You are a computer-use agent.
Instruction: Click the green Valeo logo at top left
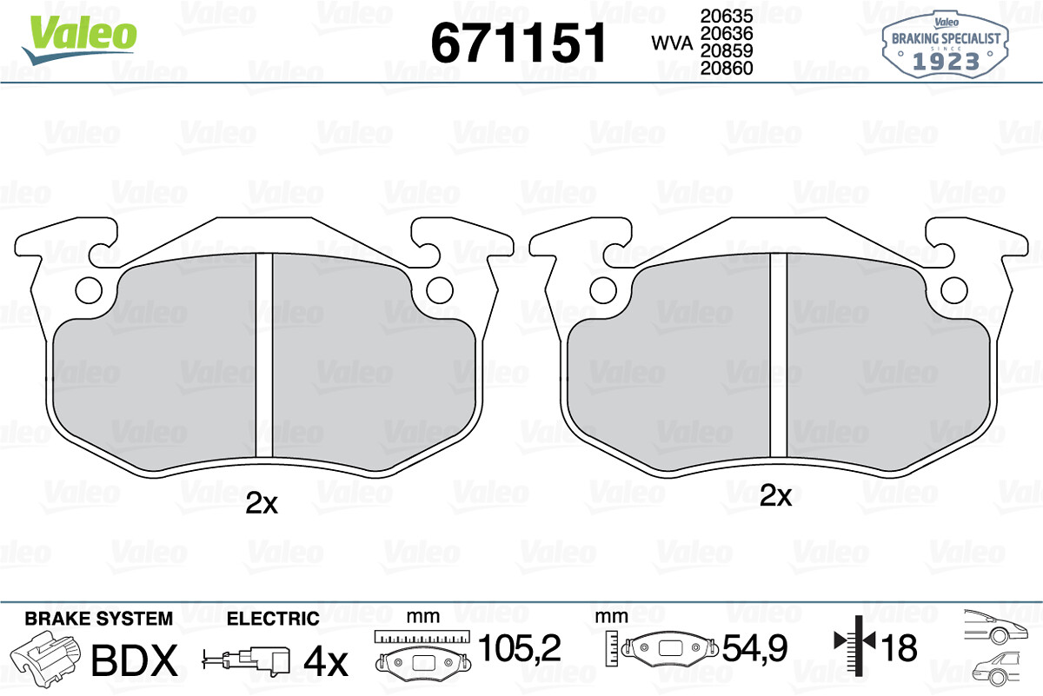click(80, 39)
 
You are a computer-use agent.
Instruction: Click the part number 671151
click(519, 43)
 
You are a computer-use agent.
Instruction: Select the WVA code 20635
click(727, 17)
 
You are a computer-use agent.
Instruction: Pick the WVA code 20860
click(727, 69)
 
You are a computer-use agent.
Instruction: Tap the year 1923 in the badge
click(946, 62)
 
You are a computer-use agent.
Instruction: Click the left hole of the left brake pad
click(89, 290)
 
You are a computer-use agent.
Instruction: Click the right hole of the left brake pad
click(440, 290)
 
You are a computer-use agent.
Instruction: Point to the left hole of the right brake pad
click(603, 290)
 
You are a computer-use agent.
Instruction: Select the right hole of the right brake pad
click(954, 290)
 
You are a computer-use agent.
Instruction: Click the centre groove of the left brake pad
click(264, 355)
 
